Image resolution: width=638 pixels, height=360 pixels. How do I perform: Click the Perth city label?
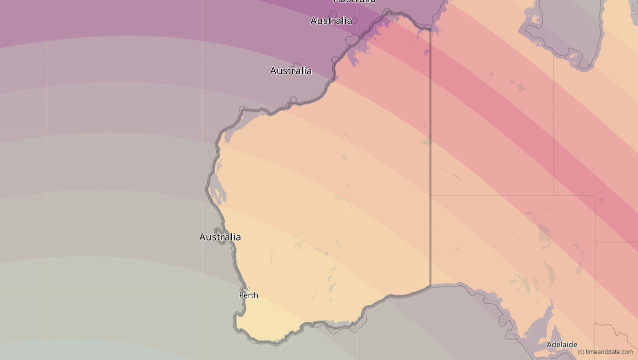pyautogui.click(x=249, y=295)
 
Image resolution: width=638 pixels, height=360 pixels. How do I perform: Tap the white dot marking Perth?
pyautogui.click(x=249, y=289)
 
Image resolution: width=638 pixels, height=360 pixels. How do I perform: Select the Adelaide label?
pyautogui.click(x=562, y=344)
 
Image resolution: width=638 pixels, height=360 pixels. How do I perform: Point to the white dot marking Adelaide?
pyautogui.click(x=562, y=338)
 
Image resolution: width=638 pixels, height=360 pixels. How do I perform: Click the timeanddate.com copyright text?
pyautogui.click(x=604, y=352)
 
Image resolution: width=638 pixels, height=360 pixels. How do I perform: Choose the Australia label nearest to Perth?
pyautogui.click(x=220, y=237)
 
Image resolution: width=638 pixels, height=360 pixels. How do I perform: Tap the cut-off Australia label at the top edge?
pyautogui.click(x=354, y=1)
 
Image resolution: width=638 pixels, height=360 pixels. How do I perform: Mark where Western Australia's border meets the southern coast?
pyautogui.click(x=430, y=286)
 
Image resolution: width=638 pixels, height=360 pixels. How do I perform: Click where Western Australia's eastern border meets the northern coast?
pyautogui.click(x=430, y=29)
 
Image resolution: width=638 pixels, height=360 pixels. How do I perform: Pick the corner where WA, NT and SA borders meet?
pyautogui.click(x=430, y=195)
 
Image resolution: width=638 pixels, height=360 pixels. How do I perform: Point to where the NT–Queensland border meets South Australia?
pyautogui.click(x=554, y=195)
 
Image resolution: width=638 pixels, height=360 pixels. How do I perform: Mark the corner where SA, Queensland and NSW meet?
pyautogui.click(x=595, y=242)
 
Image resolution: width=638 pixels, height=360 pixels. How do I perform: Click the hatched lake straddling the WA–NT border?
pyautogui.click(x=427, y=141)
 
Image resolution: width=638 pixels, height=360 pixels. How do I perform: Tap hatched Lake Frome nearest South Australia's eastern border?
pyautogui.click(x=579, y=269)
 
